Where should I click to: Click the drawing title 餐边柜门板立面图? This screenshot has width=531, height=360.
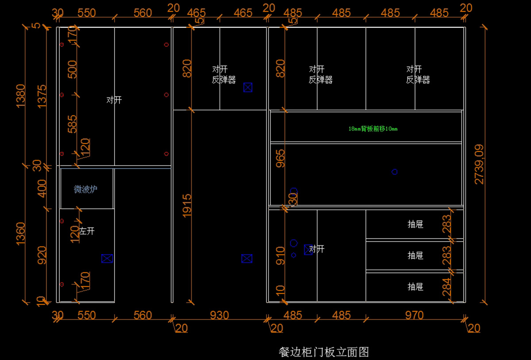pyautogui.click(x=324, y=352)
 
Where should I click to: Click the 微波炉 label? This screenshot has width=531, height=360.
pyautogui.click(x=86, y=189)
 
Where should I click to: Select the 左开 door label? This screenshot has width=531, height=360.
pyautogui.click(x=87, y=231)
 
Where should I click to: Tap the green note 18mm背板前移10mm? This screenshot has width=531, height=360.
pyautogui.click(x=373, y=129)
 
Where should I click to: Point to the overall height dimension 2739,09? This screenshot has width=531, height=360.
pyautogui.click(x=479, y=165)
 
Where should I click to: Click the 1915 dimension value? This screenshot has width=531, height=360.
pyautogui.click(x=187, y=205)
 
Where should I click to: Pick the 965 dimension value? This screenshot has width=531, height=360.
pyautogui.click(x=281, y=158)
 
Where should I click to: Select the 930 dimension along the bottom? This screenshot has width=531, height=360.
pyautogui.click(x=219, y=315)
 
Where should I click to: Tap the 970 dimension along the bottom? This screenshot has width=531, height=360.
pyautogui.click(x=414, y=315)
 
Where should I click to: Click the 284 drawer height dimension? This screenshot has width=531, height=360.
pyautogui.click(x=447, y=287)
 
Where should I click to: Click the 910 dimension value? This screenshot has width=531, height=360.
pyautogui.click(x=281, y=256)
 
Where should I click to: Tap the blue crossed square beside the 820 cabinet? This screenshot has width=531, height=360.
pyautogui.click(x=248, y=88)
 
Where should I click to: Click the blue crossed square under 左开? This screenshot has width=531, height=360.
pyautogui.click(x=107, y=259)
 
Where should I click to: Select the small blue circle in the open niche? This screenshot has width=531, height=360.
pyautogui.click(x=395, y=172)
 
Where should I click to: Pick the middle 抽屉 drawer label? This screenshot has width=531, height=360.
pyautogui.click(x=416, y=256)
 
